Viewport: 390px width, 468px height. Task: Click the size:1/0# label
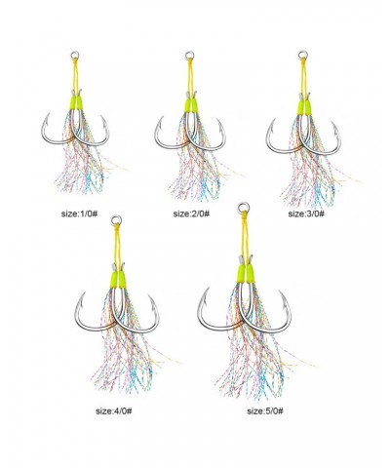pos(79,214)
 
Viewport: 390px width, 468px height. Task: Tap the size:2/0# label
pos(191,214)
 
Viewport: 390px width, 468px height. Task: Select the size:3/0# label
pos(306,214)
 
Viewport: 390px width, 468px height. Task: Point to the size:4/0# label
pos(114,410)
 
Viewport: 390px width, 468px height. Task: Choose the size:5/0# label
pos(265,410)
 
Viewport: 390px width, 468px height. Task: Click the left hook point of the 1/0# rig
pos(49,114)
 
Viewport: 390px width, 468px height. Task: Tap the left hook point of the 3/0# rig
pos(274,120)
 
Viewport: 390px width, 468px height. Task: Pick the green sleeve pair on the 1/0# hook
pos(75,102)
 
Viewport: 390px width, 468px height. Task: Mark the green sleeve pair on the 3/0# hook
pos(304,107)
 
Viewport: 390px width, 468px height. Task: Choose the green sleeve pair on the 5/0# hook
pos(246,273)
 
